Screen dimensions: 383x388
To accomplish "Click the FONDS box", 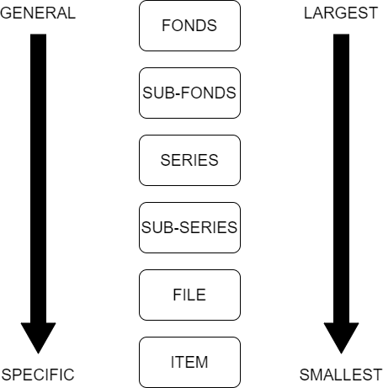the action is [189, 25].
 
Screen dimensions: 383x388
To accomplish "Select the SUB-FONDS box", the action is [189, 93].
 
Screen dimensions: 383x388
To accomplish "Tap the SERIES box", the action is [189, 160].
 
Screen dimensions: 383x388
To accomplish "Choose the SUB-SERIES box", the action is [189, 227].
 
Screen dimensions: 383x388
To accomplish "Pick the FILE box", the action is [189, 295].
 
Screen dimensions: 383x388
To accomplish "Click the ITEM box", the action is [189, 362].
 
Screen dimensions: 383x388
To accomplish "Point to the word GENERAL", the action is [38, 13].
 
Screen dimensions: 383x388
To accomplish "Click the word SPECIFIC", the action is [38, 375].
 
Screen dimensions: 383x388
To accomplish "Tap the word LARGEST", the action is [341, 13].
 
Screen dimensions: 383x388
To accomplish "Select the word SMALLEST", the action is [341, 375].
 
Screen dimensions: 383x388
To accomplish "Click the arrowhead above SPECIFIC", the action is [38, 338].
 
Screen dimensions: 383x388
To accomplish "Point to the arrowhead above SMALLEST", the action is [341, 338].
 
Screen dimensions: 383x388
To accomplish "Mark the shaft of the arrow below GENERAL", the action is [38, 178].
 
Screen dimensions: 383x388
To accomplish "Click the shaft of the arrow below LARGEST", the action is [341, 178].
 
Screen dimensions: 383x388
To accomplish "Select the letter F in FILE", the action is [178, 295].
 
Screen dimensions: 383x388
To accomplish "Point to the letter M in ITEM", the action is [201, 362].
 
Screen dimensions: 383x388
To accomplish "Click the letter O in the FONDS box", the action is [177, 25].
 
